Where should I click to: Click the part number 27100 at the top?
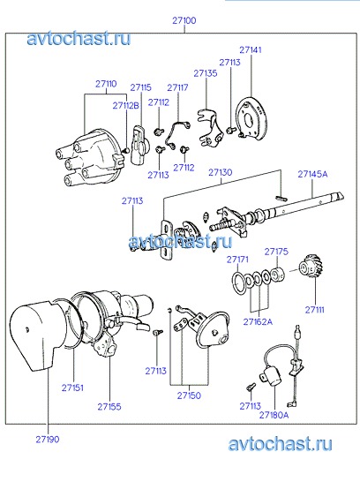pyautogui.click(x=184, y=20)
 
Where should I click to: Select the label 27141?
pyautogui.click(x=251, y=49)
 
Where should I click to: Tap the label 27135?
pyautogui.click(x=206, y=73)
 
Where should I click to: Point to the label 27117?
pyautogui.click(x=177, y=87)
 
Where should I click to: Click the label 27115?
pyautogui.click(x=140, y=87)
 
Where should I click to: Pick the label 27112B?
pyautogui.click(x=125, y=106)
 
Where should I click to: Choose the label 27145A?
pyautogui.click(x=312, y=174)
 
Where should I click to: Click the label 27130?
pyautogui.click(x=221, y=172)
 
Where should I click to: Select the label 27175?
pyautogui.click(x=276, y=252)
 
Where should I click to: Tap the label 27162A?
pyautogui.click(x=258, y=322)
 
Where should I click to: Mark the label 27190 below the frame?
pyautogui.click(x=48, y=440)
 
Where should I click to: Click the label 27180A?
pyautogui.click(x=274, y=415)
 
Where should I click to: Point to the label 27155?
pyautogui.click(x=109, y=407)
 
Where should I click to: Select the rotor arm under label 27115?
pyautogui.click(x=140, y=144)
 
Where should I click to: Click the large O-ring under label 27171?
pyautogui.click(x=239, y=282)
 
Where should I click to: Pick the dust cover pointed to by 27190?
pyautogui.click(x=37, y=335)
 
